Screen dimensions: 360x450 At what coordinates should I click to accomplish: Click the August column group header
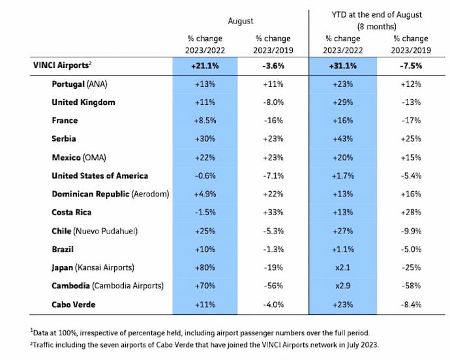[240, 21]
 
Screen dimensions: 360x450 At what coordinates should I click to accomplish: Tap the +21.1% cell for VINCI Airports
[206, 66]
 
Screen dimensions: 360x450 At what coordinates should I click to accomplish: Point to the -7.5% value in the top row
[411, 66]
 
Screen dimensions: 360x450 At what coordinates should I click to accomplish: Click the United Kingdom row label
[83, 102]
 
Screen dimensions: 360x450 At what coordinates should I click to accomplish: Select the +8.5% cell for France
[206, 121]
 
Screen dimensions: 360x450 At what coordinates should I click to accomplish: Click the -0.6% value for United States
[206, 175]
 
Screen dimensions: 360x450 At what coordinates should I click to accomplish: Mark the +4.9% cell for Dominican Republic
[206, 194]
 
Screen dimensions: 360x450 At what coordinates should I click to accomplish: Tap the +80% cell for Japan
[206, 267]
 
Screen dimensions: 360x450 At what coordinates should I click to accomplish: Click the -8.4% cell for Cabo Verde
[411, 303]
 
